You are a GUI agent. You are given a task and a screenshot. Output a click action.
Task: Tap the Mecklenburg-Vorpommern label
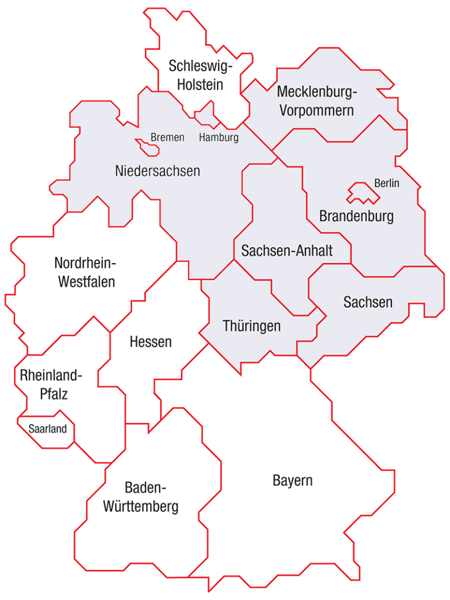tap(317, 101)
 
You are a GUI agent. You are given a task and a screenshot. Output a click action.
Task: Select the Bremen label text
tap(167, 138)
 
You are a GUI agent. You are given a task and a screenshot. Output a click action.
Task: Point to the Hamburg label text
tap(219, 138)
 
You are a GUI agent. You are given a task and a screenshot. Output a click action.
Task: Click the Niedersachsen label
tap(157, 171)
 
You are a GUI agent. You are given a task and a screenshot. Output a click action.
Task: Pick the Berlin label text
tap(387, 183)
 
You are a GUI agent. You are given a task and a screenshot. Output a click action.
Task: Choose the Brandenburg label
tap(356, 216)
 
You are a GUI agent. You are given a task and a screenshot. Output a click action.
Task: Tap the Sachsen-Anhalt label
tap(287, 251)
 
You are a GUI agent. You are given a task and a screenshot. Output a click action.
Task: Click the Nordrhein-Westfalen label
tap(86, 272)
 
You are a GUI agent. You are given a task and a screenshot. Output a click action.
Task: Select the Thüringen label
tap(252, 326)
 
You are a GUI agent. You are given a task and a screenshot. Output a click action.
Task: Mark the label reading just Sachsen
tap(367, 302)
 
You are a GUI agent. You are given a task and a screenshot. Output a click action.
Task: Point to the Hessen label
tap(151, 342)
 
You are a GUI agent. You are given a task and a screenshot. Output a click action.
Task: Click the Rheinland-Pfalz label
tap(51, 384)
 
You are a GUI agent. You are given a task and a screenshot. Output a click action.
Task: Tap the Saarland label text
tap(47, 429)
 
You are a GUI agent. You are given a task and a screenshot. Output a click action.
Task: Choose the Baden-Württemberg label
tap(140, 497)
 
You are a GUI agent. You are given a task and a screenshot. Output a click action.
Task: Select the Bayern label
tap(293, 481)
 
